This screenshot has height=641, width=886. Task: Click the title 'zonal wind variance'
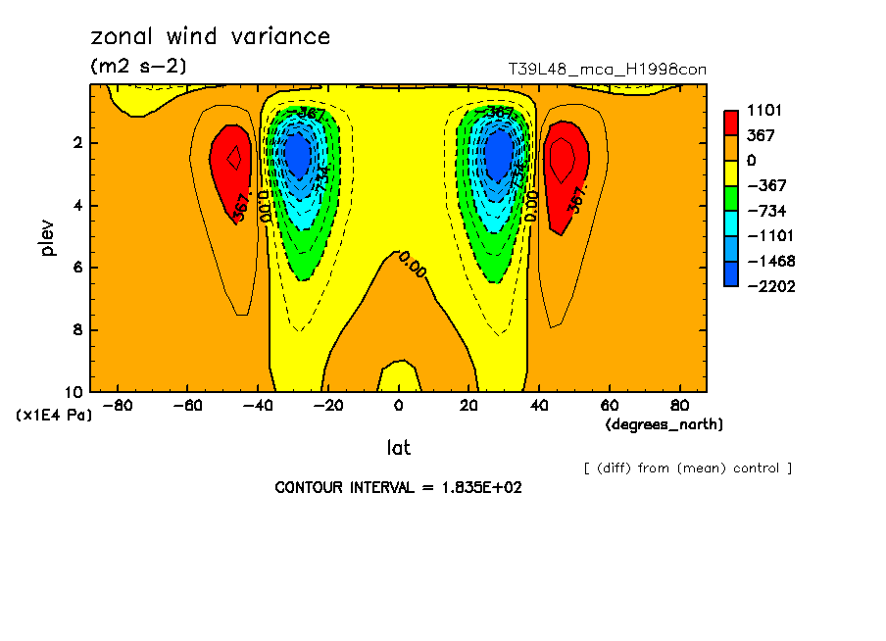pos(210,37)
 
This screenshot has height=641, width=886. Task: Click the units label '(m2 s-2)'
pos(138,67)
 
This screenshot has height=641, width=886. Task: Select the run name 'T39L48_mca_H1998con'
pos(607,70)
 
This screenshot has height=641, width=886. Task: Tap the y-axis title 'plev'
pos(48,237)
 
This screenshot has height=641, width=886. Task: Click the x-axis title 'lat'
pos(398,448)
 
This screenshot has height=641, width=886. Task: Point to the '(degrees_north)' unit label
pos(664,424)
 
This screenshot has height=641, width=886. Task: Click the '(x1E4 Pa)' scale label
pos(54,416)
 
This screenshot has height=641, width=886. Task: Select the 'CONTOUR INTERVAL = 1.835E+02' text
pos(398,487)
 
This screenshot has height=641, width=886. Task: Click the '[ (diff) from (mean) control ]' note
pos(687,468)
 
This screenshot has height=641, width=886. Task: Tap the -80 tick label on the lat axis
pos(118,405)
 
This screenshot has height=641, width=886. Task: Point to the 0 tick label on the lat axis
pos(398,405)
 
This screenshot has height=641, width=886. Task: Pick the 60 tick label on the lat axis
pos(609,405)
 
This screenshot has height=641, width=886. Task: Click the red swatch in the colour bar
pos(731,123)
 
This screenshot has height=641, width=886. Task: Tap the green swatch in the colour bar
pos(731,198)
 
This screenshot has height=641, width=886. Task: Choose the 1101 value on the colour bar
pos(763,110)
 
